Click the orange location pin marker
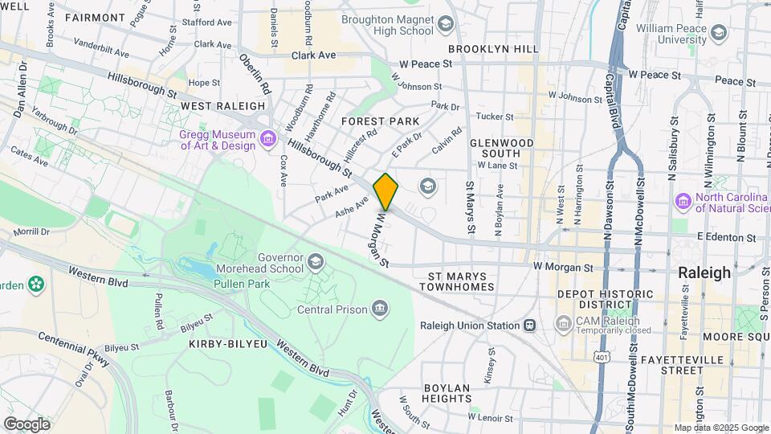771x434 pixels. (x=385, y=191)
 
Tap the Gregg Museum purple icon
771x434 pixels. (x=268, y=140)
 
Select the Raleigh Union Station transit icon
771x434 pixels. (x=530, y=325)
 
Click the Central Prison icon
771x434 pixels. (x=378, y=309)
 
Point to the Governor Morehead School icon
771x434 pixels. (x=315, y=261)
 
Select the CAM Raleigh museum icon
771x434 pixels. (x=564, y=324)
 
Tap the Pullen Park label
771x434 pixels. (x=289, y=284)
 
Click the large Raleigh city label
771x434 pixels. (x=704, y=272)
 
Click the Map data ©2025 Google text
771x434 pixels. (x=720, y=428)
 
